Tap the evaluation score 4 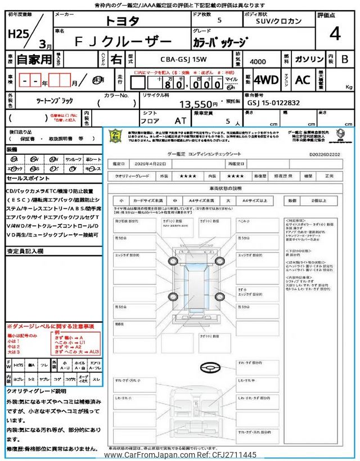coord(335,34)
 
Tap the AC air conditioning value coord(303,80)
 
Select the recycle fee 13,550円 coord(198,104)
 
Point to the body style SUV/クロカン coord(273,21)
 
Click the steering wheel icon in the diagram coord(209,366)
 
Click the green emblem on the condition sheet coord(114,136)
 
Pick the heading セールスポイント coord(28,178)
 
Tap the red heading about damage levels coord(50,326)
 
